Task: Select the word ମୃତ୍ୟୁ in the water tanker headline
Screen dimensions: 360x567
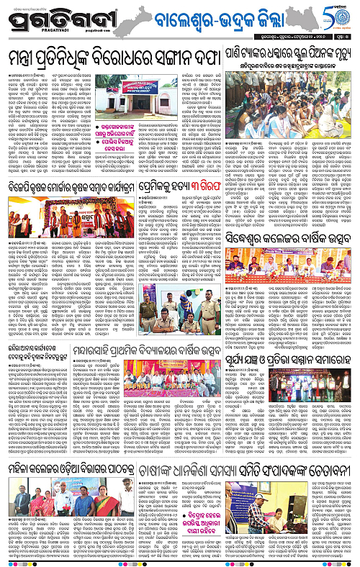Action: (x=341, y=53)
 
